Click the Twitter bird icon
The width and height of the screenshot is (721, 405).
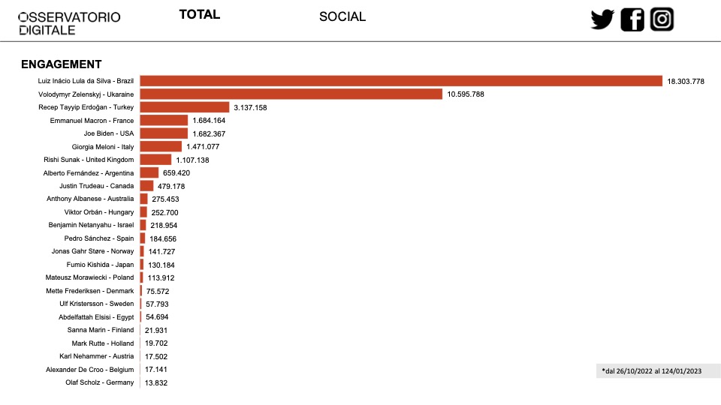coord(602,19)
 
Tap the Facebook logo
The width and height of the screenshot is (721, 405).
coord(632,19)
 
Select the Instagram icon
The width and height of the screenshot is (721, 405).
coord(662,19)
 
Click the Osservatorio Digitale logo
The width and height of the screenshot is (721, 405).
coord(69,23)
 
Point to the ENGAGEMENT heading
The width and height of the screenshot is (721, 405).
coord(61,64)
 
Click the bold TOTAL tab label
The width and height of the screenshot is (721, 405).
coord(200,15)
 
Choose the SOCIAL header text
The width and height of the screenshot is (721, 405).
coord(342,16)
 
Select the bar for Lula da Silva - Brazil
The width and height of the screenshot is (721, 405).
coord(401,81)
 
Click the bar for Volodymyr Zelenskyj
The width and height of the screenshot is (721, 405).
coord(291,94)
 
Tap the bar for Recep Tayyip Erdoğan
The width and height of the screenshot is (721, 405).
coord(185,107)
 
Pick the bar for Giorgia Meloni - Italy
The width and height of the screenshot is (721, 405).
coord(161,146)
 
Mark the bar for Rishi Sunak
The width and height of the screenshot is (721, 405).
coord(156,160)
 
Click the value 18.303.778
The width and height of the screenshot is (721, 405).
coord(686,81)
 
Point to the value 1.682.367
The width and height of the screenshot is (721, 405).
coord(209,133)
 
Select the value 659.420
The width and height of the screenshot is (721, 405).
coord(176,173)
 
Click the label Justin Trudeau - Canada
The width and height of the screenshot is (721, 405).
coord(97,186)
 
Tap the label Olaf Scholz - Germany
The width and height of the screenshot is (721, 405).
coord(100,382)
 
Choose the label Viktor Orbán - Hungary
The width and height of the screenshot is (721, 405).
coord(99,212)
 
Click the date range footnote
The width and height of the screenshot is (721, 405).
coord(652,371)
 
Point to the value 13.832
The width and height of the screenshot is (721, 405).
coord(156,383)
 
